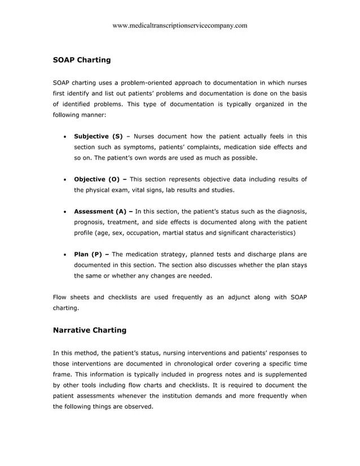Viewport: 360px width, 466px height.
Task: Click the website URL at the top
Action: [x=180, y=25]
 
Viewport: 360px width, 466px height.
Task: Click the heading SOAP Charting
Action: [x=81, y=59]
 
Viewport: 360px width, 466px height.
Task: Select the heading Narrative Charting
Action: [x=89, y=330]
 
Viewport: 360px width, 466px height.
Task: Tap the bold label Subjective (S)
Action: [x=98, y=137]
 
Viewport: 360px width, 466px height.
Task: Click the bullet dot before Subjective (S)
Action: [x=67, y=137]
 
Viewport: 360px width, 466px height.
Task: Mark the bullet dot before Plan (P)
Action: [x=67, y=255]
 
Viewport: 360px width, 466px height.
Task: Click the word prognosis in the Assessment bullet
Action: [x=91, y=222]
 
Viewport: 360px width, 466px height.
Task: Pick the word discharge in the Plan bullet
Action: [x=245, y=254]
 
